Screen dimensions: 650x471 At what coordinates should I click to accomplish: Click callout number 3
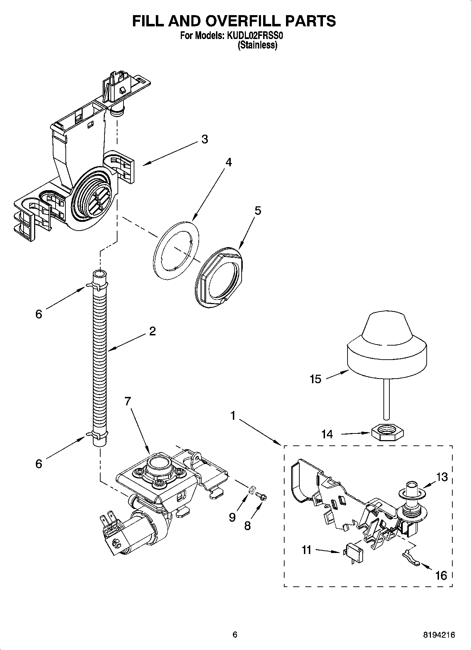(204, 139)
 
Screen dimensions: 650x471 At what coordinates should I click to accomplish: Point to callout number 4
(229, 162)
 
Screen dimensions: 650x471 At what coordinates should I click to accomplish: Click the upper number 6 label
(39, 314)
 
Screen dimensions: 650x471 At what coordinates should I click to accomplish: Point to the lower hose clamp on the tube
(100, 436)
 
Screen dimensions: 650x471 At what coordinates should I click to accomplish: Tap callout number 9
(232, 517)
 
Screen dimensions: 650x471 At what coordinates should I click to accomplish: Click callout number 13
(442, 477)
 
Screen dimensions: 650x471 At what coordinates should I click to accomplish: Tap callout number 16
(441, 575)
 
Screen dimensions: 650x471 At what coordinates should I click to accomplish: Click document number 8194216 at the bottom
(439, 635)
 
